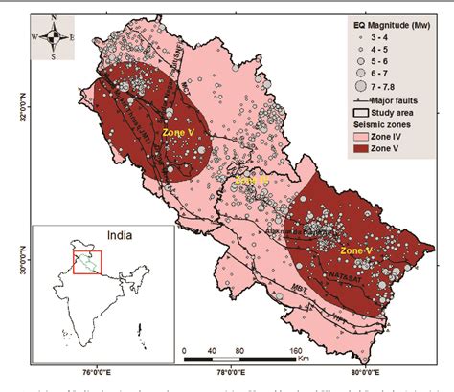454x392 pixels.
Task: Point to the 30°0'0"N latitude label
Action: point(22,258)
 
